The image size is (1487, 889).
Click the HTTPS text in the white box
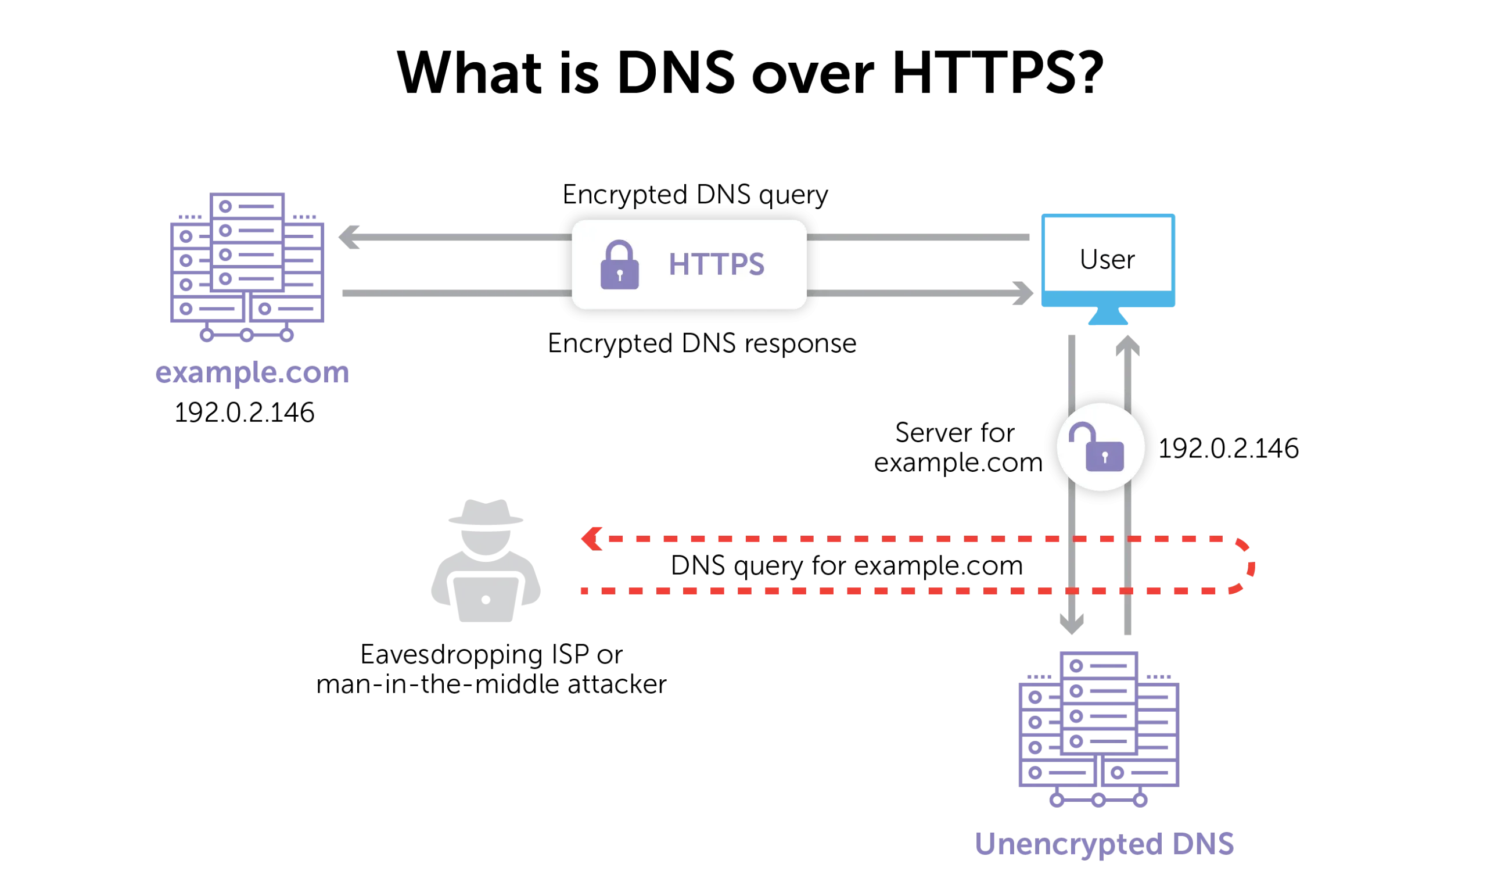pos(716,264)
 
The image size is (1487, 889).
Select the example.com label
pos(252,373)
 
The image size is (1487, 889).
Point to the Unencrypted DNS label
pos(1105,844)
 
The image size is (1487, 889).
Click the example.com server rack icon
pos(246,266)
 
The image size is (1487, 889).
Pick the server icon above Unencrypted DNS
pos(1099,729)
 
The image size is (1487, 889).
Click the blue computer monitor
pos(1108,260)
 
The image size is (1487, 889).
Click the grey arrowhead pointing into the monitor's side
pos(1023,292)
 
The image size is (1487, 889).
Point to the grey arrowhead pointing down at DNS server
pos(1073,622)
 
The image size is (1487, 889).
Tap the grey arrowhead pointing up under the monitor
pos(1129,346)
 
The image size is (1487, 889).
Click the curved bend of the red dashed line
pos(1250,565)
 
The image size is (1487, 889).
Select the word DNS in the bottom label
pos(1202,844)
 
